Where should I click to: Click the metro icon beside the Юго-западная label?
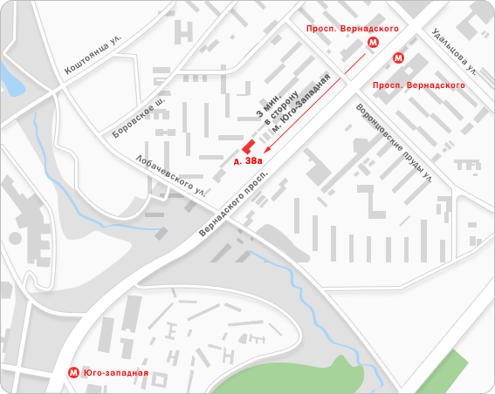click(x=75, y=373)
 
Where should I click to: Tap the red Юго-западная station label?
click(x=116, y=373)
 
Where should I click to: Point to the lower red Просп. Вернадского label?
click(x=417, y=85)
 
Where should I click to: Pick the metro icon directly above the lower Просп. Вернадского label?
click(x=398, y=58)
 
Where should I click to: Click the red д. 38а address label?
click(x=248, y=161)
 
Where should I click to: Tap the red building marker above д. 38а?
click(x=248, y=146)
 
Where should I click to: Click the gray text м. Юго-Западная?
click(x=301, y=105)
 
